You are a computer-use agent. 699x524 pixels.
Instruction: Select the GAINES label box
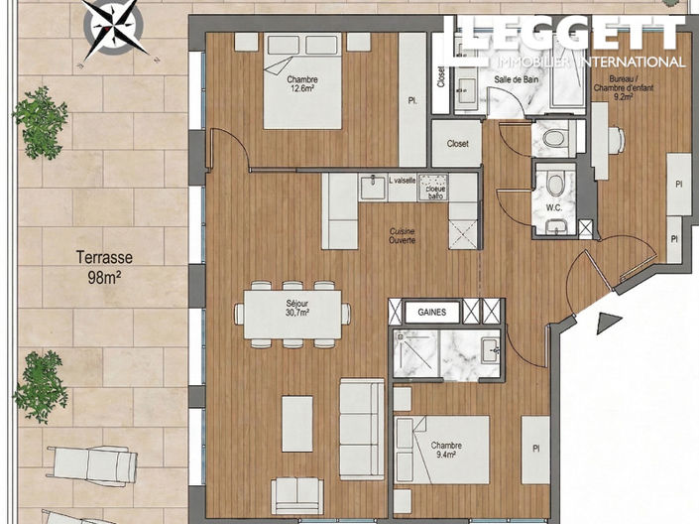point(432,312)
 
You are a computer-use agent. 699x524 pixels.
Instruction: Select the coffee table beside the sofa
point(297,424)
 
